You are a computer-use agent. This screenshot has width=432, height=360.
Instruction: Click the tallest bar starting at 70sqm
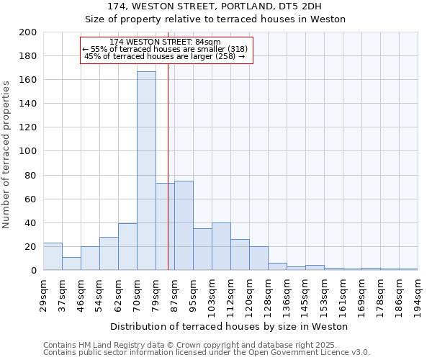coord(146,171)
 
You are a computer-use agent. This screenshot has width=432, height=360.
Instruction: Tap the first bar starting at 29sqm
coord(53,256)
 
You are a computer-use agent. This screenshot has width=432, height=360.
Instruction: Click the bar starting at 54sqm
coord(109,253)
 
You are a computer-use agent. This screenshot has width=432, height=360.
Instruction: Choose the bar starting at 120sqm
coord(258,258)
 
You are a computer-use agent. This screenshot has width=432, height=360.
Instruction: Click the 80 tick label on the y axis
coord(31,175)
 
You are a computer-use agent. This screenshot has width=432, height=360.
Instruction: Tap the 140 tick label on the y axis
coord(28,104)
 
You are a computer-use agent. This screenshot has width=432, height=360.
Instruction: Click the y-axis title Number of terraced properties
coord(8,154)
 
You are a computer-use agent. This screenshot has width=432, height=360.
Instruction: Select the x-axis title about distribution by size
coord(230,327)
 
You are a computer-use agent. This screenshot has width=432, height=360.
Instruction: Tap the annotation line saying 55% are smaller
coord(166,49)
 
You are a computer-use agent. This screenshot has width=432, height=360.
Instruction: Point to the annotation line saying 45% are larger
coord(166,56)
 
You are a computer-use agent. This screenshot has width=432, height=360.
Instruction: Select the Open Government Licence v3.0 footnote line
coord(207,353)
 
